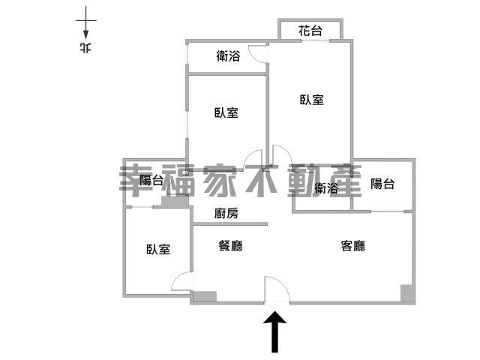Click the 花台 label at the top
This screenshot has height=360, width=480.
pyautogui.click(x=310, y=31)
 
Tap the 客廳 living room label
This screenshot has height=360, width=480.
pyautogui.click(x=353, y=246)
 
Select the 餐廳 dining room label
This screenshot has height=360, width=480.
pyautogui.click(x=230, y=246)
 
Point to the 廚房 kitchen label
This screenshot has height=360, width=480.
pyautogui.click(x=226, y=213)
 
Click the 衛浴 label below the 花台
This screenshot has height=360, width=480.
pyautogui.click(x=228, y=56)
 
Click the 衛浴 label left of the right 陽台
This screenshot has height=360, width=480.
pyautogui.click(x=326, y=188)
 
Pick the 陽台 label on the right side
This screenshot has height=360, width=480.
pyautogui.click(x=382, y=184)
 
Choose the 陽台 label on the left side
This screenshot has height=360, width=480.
pyautogui.click(x=151, y=180)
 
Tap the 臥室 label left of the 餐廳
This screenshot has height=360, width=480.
pyautogui.click(x=158, y=249)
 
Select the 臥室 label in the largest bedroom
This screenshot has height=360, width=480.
pyautogui.click(x=312, y=100)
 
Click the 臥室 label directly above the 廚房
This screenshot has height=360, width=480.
pyautogui.click(x=226, y=112)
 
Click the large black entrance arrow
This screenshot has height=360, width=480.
pyautogui.click(x=275, y=331)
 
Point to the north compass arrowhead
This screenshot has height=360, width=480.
pyautogui.click(x=86, y=34)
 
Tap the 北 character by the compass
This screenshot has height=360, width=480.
pyautogui.click(x=85, y=48)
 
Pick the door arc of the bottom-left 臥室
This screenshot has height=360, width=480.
pyautogui.click(x=178, y=279)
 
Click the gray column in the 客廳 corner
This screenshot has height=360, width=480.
pyautogui.click(x=406, y=293)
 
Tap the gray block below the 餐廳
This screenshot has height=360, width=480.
pyautogui.click(x=205, y=296)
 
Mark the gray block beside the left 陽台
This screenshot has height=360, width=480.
pyautogui.click(x=175, y=202)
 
